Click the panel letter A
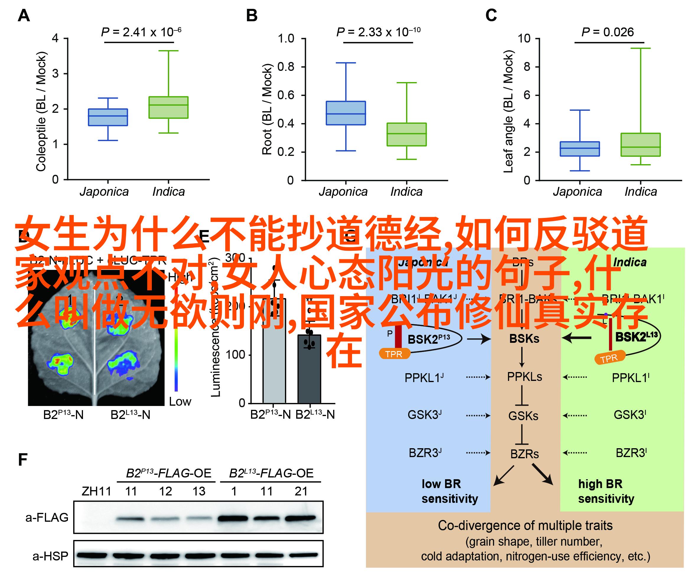[x=24, y=16]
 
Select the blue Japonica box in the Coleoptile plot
[x=108, y=117]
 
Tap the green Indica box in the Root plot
[x=406, y=134]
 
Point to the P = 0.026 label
[x=607, y=32]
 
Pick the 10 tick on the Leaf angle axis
[x=524, y=38]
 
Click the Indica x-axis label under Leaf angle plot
[x=641, y=192]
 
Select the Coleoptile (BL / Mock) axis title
[x=41, y=112]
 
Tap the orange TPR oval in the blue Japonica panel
[x=394, y=354]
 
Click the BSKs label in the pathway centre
[x=524, y=338]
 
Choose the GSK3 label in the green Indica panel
[x=630, y=415]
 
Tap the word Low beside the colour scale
[x=180, y=402]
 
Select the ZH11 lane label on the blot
[x=97, y=491]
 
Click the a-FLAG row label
[x=47, y=518]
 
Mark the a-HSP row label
[x=50, y=556]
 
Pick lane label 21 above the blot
[x=301, y=491]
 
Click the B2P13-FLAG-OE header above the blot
[x=169, y=473]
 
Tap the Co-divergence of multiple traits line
[x=525, y=526]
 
